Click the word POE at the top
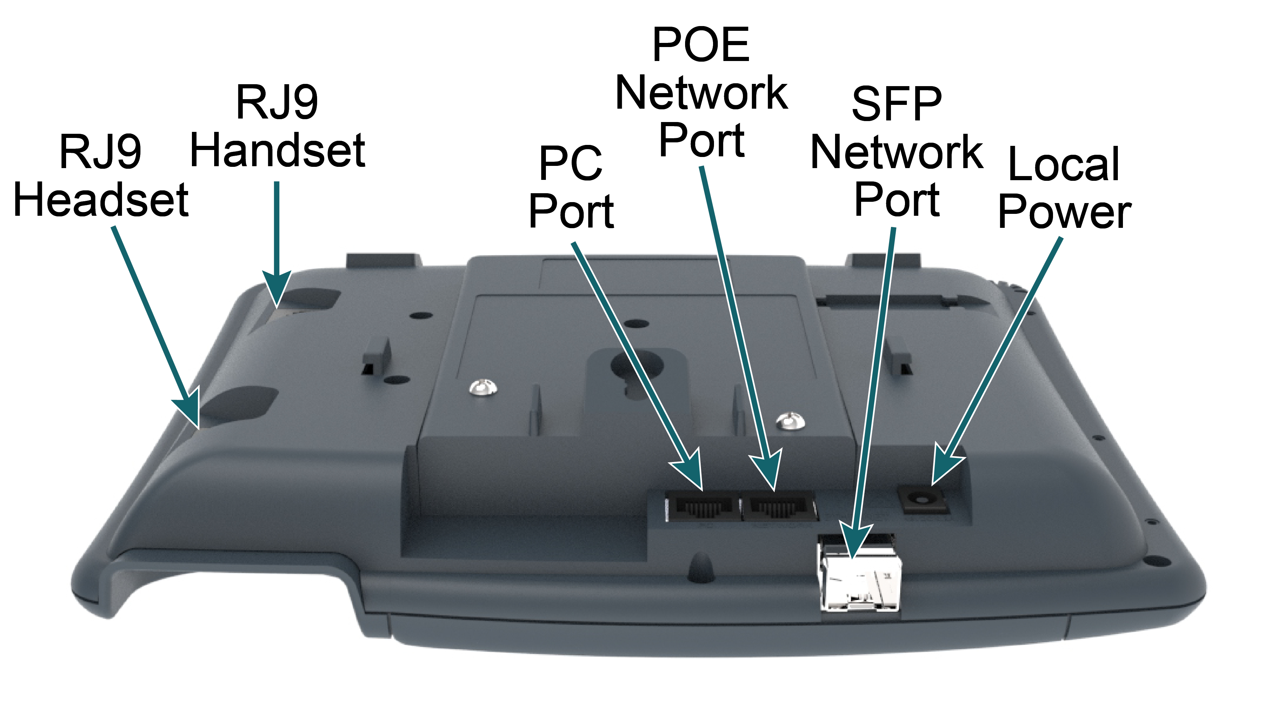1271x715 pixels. click(x=701, y=45)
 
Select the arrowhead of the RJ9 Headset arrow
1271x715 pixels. click(x=190, y=410)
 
